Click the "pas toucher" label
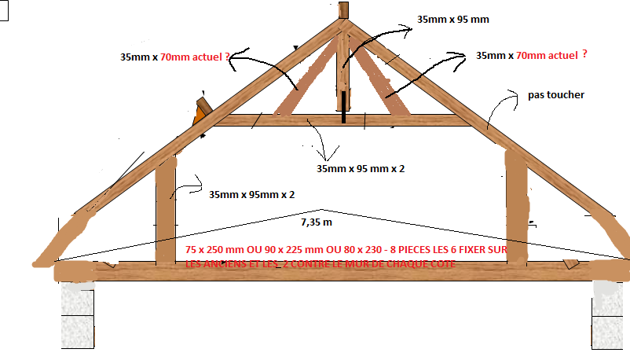pyautogui.click(x=556, y=95)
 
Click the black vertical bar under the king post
pyautogui.click(x=343, y=108)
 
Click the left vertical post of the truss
pyautogui.click(x=166, y=212)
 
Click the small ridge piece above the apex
pyautogui.click(x=343, y=10)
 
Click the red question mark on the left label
pyautogui.click(x=227, y=57)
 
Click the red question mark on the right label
pyautogui.click(x=585, y=55)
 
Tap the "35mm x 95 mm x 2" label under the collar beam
pyautogui.click(x=360, y=168)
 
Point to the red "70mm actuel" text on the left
pyautogui.click(x=189, y=57)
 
